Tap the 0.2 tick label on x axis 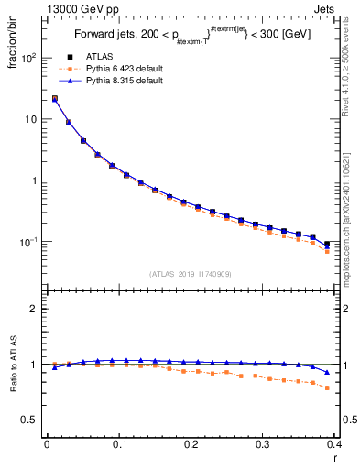click(x=191, y=444)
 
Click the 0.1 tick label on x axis click(x=118, y=444)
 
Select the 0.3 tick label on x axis click(x=263, y=444)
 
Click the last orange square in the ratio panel click(x=327, y=387)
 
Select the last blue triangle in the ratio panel click(x=327, y=372)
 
